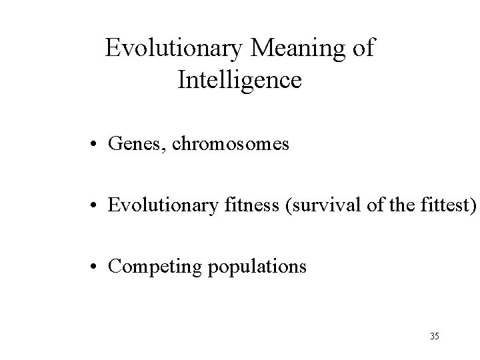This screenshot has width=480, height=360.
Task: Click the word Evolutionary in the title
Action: (x=176, y=49)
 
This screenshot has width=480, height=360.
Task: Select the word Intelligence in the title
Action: (x=240, y=81)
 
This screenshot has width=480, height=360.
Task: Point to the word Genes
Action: (x=135, y=145)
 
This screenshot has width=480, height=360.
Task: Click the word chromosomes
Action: (x=231, y=145)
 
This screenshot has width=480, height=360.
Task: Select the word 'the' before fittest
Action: (x=405, y=206)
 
